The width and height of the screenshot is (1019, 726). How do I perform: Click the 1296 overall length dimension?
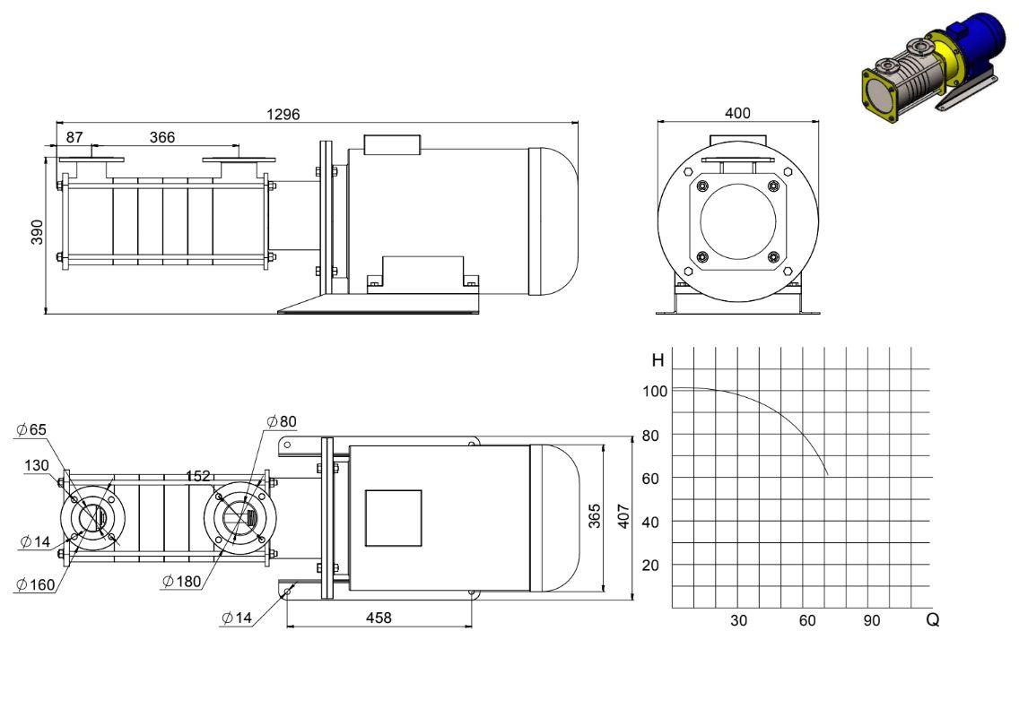coord(283,115)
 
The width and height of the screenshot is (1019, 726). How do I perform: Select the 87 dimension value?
coord(74,137)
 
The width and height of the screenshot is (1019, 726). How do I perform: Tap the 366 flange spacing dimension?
coord(162,137)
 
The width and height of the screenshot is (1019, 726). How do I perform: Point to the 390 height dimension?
coord(37,232)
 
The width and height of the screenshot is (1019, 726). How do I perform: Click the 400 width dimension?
coord(737,113)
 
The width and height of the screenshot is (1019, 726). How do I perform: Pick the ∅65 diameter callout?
coord(32,429)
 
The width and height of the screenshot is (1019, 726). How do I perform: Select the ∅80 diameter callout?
coord(282,421)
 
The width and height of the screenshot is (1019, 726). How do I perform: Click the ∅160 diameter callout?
coord(36,584)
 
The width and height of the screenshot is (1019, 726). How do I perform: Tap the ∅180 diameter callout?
coord(182,581)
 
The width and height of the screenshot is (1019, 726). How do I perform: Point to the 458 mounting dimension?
coord(379,618)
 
